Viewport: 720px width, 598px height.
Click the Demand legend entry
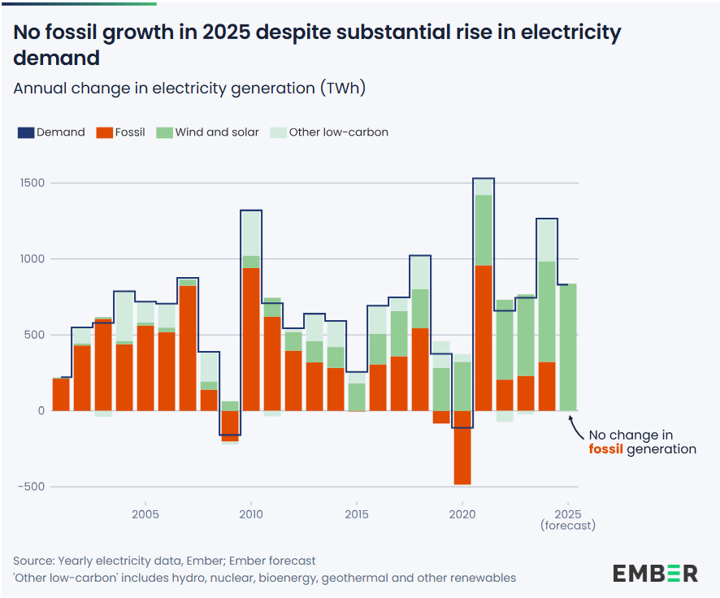[51, 132]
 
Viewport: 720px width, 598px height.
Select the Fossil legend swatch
[103, 132]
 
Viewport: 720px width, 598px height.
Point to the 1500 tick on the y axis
[33, 183]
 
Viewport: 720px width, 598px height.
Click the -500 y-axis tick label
[32, 487]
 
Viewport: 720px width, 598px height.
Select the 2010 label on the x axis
[250, 513]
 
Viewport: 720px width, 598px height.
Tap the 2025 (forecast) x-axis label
[567, 519]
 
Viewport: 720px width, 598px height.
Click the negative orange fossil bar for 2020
[462, 447]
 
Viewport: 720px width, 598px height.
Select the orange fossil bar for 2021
[484, 338]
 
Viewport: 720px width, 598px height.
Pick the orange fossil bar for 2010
[250, 339]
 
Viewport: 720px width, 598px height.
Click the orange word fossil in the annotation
[605, 448]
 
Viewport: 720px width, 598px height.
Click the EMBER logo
[654, 572]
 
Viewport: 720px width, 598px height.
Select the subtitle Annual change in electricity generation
[189, 88]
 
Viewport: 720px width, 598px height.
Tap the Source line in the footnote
[164, 561]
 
